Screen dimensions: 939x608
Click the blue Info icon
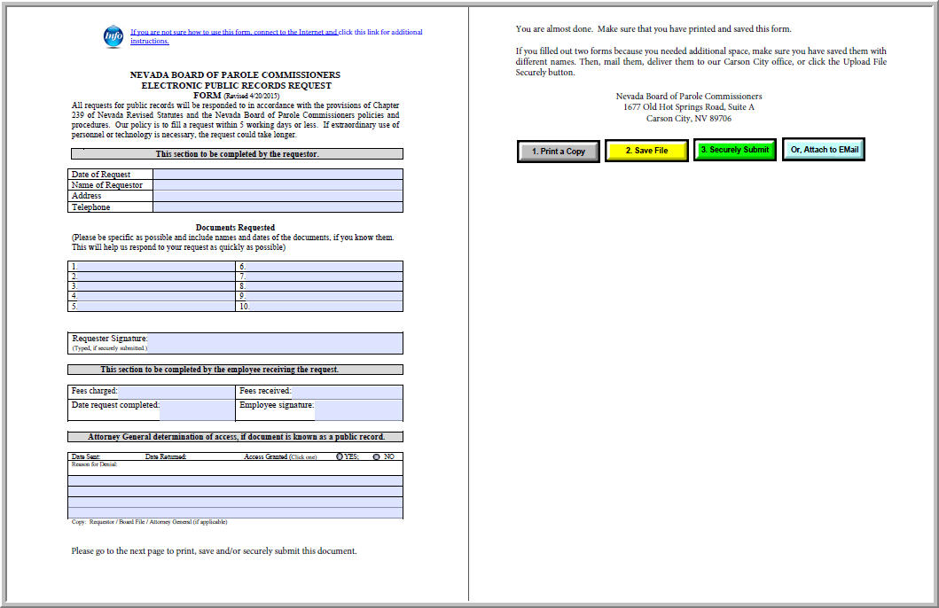(113, 36)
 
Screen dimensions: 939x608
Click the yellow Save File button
(646, 151)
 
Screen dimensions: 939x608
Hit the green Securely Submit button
(734, 151)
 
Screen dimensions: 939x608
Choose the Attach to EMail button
(824, 151)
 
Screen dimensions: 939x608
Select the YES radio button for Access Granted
(340, 457)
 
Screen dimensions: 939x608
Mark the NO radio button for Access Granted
(377, 457)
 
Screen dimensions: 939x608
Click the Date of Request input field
(278, 175)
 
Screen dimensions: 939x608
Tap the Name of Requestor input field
(278, 185)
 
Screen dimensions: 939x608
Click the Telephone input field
(278, 207)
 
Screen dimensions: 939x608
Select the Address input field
(278, 196)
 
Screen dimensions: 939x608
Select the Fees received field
(346, 391)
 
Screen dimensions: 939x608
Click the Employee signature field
(358, 409)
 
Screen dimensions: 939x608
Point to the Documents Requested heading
(235, 228)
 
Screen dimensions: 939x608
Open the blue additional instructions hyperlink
(276, 36)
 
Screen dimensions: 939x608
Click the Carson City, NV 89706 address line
(688, 119)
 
